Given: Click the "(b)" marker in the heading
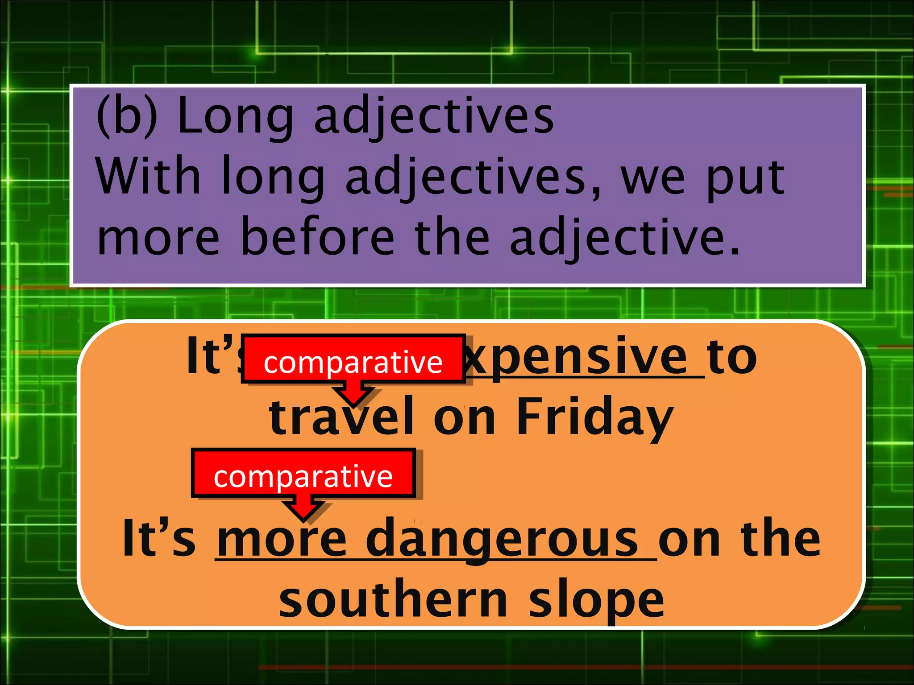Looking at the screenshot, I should [127, 117].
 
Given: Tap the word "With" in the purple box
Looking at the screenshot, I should [148, 177].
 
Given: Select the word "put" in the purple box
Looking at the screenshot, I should [745, 178].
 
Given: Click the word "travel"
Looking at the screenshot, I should [341, 417].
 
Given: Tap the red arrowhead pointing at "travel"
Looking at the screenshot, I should [354, 396].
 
